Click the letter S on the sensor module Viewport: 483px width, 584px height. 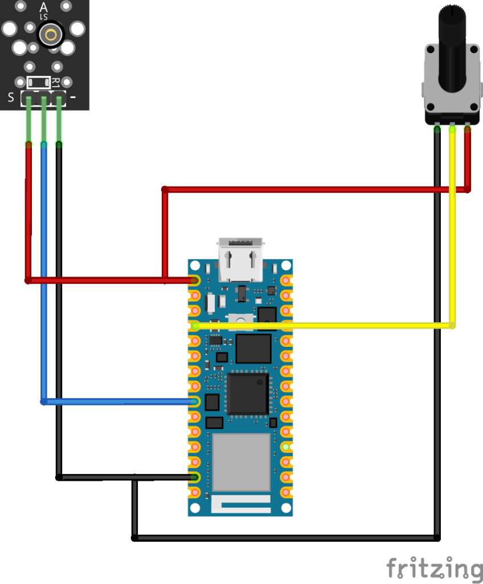[x=11, y=98]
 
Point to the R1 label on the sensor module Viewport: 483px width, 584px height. [x=56, y=82]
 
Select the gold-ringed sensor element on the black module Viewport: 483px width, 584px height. [x=51, y=35]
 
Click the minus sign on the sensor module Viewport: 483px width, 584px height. [x=73, y=98]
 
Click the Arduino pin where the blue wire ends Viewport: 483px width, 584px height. [x=195, y=402]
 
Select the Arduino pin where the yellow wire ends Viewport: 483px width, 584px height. [x=195, y=326]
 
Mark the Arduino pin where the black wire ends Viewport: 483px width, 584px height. [x=195, y=477]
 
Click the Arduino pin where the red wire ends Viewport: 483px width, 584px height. [x=195, y=281]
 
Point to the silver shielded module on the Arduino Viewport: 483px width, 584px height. [x=241, y=462]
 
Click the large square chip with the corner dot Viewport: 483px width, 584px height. [x=248, y=394]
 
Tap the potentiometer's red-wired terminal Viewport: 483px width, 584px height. [x=468, y=129]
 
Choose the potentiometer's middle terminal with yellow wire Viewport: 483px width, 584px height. [x=452, y=129]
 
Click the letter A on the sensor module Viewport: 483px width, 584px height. [x=44, y=7]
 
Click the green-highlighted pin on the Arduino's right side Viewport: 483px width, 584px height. [x=286, y=447]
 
